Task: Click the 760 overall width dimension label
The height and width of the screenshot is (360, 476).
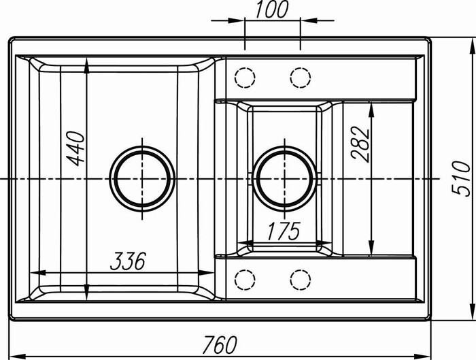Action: pos(220,344)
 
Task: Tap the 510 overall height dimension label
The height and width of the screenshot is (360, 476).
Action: pos(461,179)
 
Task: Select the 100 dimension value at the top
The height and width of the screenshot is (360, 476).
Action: pos(271,10)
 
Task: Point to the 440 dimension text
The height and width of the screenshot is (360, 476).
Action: pos(75,148)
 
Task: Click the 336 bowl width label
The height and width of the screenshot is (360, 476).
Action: pos(128,261)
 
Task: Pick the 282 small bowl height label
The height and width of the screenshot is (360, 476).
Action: pos(360,143)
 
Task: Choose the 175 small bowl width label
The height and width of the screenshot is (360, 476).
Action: pos(284,231)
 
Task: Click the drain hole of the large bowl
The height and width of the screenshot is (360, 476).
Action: pos(141,179)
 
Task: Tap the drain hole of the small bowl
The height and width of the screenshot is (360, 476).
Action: pos(284,179)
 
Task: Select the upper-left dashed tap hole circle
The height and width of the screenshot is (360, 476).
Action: pos(245,78)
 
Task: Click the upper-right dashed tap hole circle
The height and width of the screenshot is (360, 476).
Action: pos(301,78)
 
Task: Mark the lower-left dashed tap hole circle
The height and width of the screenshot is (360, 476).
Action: pos(245,280)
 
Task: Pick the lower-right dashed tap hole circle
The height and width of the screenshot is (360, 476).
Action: pos(301,280)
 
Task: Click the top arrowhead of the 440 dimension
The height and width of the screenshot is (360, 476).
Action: pos(87,66)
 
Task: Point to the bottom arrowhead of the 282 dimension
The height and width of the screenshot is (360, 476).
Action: pos(371,248)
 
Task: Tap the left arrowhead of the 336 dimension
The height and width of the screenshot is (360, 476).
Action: pos(37,272)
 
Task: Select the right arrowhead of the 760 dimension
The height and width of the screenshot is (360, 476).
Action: pos(423,355)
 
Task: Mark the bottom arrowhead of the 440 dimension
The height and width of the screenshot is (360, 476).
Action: pos(87,292)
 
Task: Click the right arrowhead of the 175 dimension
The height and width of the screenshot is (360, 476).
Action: pos(324,243)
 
